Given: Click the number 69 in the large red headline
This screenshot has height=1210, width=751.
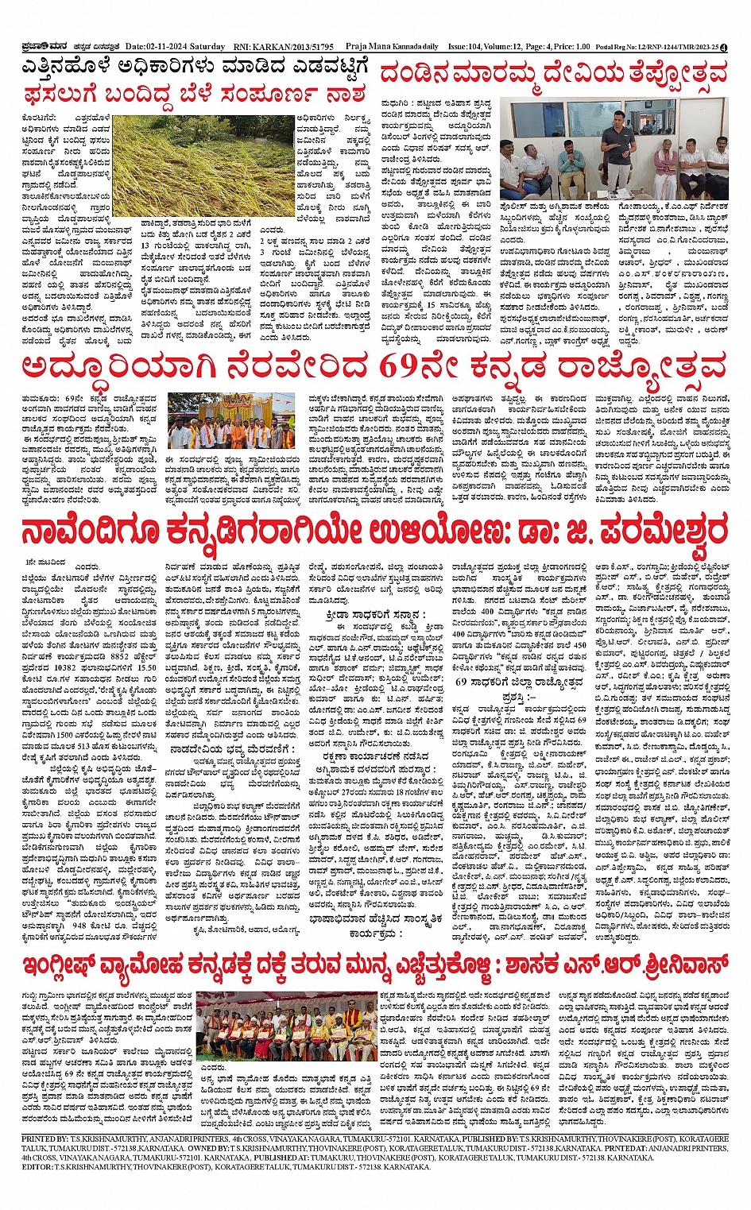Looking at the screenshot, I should pyautogui.click(x=398, y=368).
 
